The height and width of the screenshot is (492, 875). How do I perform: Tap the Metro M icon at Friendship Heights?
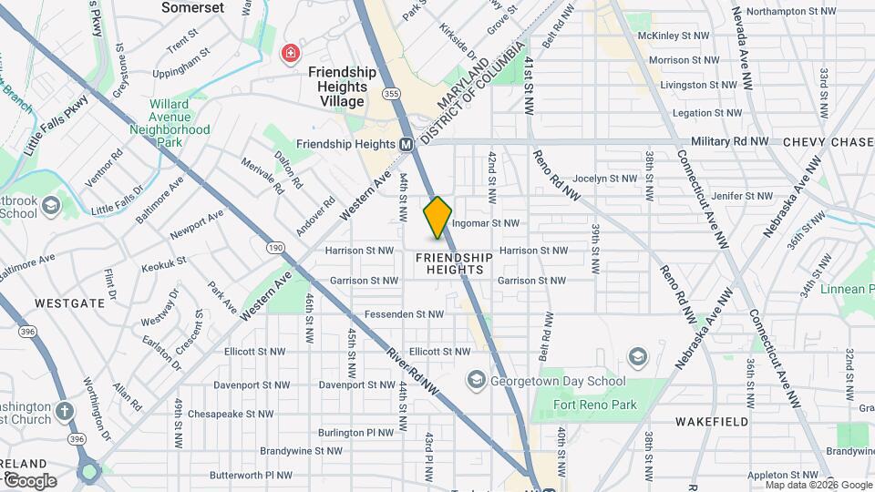tap(407, 145)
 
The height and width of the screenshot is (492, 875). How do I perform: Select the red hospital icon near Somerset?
tap(291, 54)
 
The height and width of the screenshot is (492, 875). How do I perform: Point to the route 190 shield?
tap(274, 248)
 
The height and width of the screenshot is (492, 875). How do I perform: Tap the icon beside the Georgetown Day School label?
tap(476, 378)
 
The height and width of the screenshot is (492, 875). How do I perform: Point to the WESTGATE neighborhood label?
tap(70, 302)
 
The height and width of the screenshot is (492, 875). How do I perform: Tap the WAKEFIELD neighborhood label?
tap(712, 422)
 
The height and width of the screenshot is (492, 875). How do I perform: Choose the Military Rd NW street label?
tap(729, 142)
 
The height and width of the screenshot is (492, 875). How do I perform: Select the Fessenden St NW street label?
tap(404, 314)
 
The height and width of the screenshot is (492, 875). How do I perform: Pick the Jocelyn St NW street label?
tap(605, 179)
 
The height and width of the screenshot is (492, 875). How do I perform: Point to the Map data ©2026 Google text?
tap(818, 485)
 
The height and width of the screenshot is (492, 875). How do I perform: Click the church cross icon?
tap(64, 410)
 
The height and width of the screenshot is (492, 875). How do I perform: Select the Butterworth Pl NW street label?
tap(251, 475)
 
